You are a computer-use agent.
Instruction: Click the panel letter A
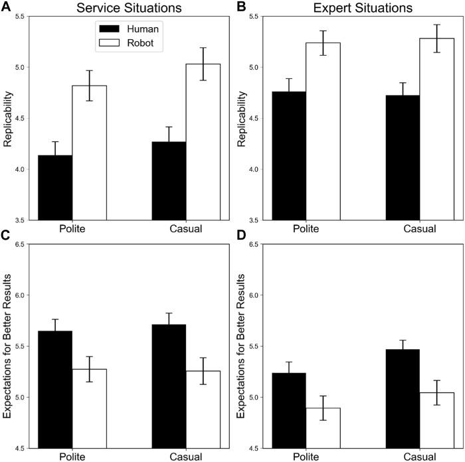point(7,8)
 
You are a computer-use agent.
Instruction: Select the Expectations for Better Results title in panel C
point(7,346)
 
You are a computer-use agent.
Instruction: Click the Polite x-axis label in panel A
point(72,228)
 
